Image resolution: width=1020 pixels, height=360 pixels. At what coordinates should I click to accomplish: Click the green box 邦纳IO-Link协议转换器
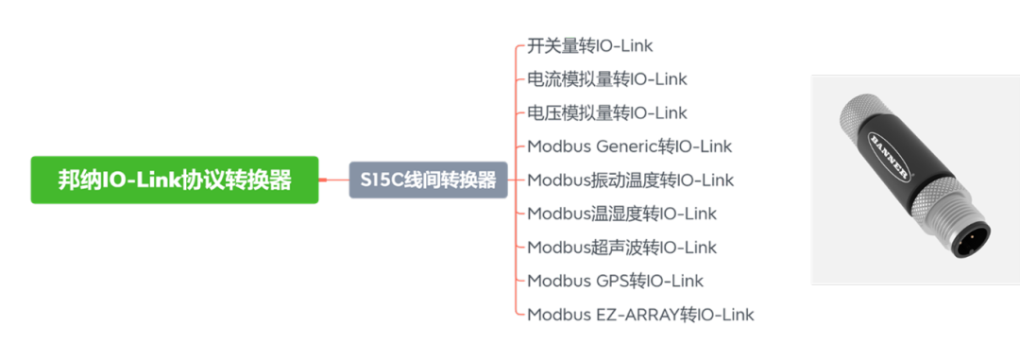click(x=175, y=180)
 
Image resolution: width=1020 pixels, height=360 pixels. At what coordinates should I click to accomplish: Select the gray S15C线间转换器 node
click(x=428, y=180)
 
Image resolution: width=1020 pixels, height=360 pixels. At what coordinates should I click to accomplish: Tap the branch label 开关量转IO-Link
click(x=590, y=45)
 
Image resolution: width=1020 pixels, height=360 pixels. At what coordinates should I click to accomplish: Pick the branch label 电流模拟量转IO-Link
click(x=607, y=79)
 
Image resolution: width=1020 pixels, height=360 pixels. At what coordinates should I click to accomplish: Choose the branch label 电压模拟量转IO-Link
click(x=607, y=112)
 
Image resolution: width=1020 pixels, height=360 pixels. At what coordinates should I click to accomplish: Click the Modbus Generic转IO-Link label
click(x=630, y=146)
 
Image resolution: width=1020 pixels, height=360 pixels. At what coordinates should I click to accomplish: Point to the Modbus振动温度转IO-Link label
click(x=631, y=180)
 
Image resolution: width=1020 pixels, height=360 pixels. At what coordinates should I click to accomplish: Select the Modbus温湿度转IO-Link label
click(x=622, y=214)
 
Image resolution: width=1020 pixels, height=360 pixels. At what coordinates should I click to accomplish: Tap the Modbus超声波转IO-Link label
click(x=622, y=248)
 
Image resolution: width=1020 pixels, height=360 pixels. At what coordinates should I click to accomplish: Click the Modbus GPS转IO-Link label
click(x=616, y=281)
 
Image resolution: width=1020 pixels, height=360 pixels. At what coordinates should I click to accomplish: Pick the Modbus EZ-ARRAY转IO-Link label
click(x=641, y=315)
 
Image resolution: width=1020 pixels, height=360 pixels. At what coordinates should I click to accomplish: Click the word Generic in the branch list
click(x=627, y=146)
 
